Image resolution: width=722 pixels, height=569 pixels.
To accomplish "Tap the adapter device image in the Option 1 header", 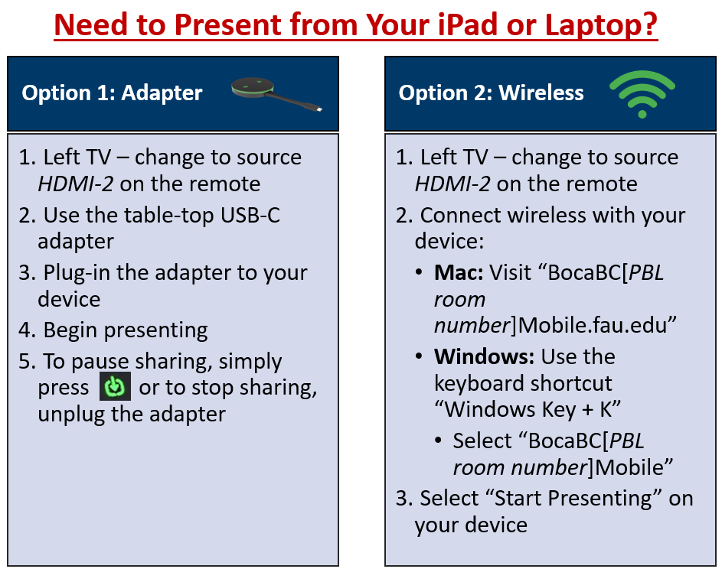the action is click(276, 94).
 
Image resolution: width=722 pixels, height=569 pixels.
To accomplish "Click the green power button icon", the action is click(115, 386).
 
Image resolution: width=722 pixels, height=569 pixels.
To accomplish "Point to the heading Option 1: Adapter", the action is click(112, 93).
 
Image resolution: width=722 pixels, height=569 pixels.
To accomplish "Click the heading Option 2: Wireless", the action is click(491, 93).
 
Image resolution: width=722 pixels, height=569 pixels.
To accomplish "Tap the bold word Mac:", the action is click(459, 273).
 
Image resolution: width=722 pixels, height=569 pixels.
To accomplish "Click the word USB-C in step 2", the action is click(250, 215).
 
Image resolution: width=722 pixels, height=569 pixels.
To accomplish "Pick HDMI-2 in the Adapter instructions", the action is click(76, 184).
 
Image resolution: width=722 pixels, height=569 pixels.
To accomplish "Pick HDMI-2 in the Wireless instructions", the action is click(452, 184).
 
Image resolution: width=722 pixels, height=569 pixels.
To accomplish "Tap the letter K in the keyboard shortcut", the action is click(606, 410).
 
